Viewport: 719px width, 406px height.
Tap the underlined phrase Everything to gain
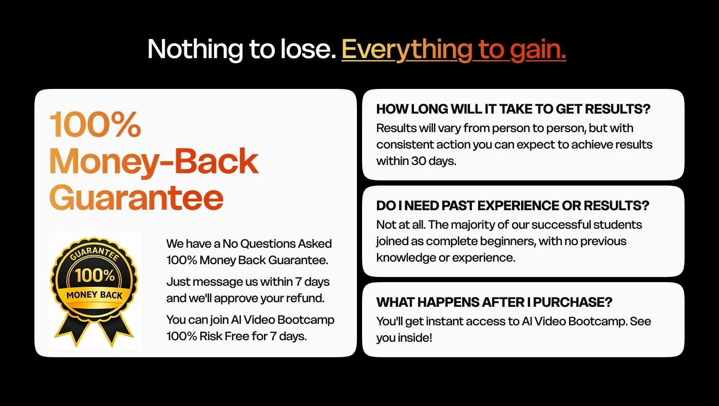(453, 50)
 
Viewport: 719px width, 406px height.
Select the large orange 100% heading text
(95, 124)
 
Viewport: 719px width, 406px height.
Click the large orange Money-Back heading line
(154, 161)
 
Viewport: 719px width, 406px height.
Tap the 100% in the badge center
(95, 275)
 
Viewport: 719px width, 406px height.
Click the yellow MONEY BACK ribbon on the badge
(94, 295)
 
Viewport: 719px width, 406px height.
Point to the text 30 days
(433, 161)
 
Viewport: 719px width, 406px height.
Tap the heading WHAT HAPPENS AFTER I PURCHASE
(494, 302)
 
